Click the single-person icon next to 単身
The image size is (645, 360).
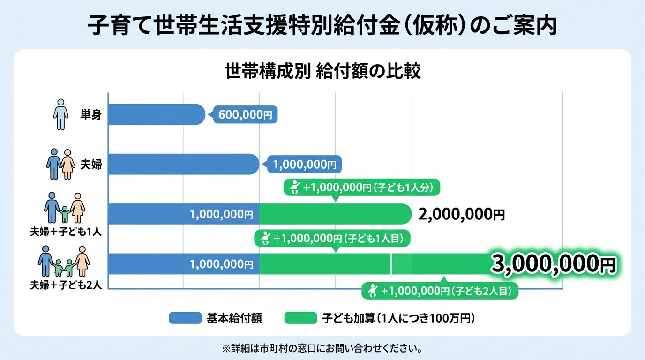pos(60,114)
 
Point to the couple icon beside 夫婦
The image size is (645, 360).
pos(60,164)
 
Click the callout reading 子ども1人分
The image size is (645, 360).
pos(362,187)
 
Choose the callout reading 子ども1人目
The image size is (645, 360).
pos(332,238)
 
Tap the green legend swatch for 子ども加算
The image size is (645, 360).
pos(300,318)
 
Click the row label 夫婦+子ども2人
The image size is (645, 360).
pos(66,285)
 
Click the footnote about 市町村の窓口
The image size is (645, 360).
pos(322,349)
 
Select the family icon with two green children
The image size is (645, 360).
pos(64,262)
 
